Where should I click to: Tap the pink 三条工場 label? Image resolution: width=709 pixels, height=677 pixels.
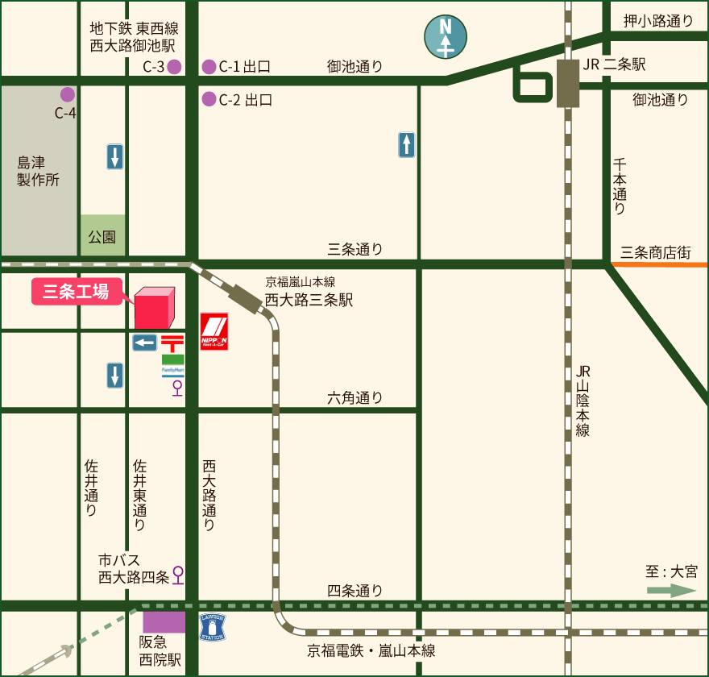(x=76, y=292)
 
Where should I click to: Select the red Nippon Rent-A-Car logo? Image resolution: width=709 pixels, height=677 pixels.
(x=214, y=331)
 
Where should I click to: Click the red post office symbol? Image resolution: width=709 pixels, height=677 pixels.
(x=172, y=343)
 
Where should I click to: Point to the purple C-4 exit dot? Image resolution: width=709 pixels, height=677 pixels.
(x=68, y=94)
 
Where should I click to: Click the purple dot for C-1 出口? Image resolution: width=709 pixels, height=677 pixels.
(x=209, y=67)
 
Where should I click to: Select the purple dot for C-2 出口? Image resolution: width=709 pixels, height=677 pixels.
(x=209, y=100)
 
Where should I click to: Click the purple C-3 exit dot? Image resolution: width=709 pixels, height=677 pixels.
(x=174, y=67)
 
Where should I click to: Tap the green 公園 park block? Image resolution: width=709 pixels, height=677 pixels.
(x=103, y=235)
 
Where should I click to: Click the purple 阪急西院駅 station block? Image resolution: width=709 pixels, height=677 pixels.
(x=164, y=621)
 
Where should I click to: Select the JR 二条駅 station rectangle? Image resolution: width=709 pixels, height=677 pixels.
(x=567, y=83)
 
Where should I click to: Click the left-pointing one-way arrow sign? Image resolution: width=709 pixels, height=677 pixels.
(x=145, y=343)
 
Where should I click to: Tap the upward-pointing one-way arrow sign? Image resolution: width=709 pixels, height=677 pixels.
(x=407, y=145)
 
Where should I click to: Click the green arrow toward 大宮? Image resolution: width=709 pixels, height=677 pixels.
(x=671, y=591)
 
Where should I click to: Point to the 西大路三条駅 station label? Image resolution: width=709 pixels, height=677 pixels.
(x=309, y=300)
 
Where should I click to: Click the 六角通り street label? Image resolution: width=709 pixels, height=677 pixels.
(x=355, y=397)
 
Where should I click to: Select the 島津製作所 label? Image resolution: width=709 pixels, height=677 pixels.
(x=38, y=171)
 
